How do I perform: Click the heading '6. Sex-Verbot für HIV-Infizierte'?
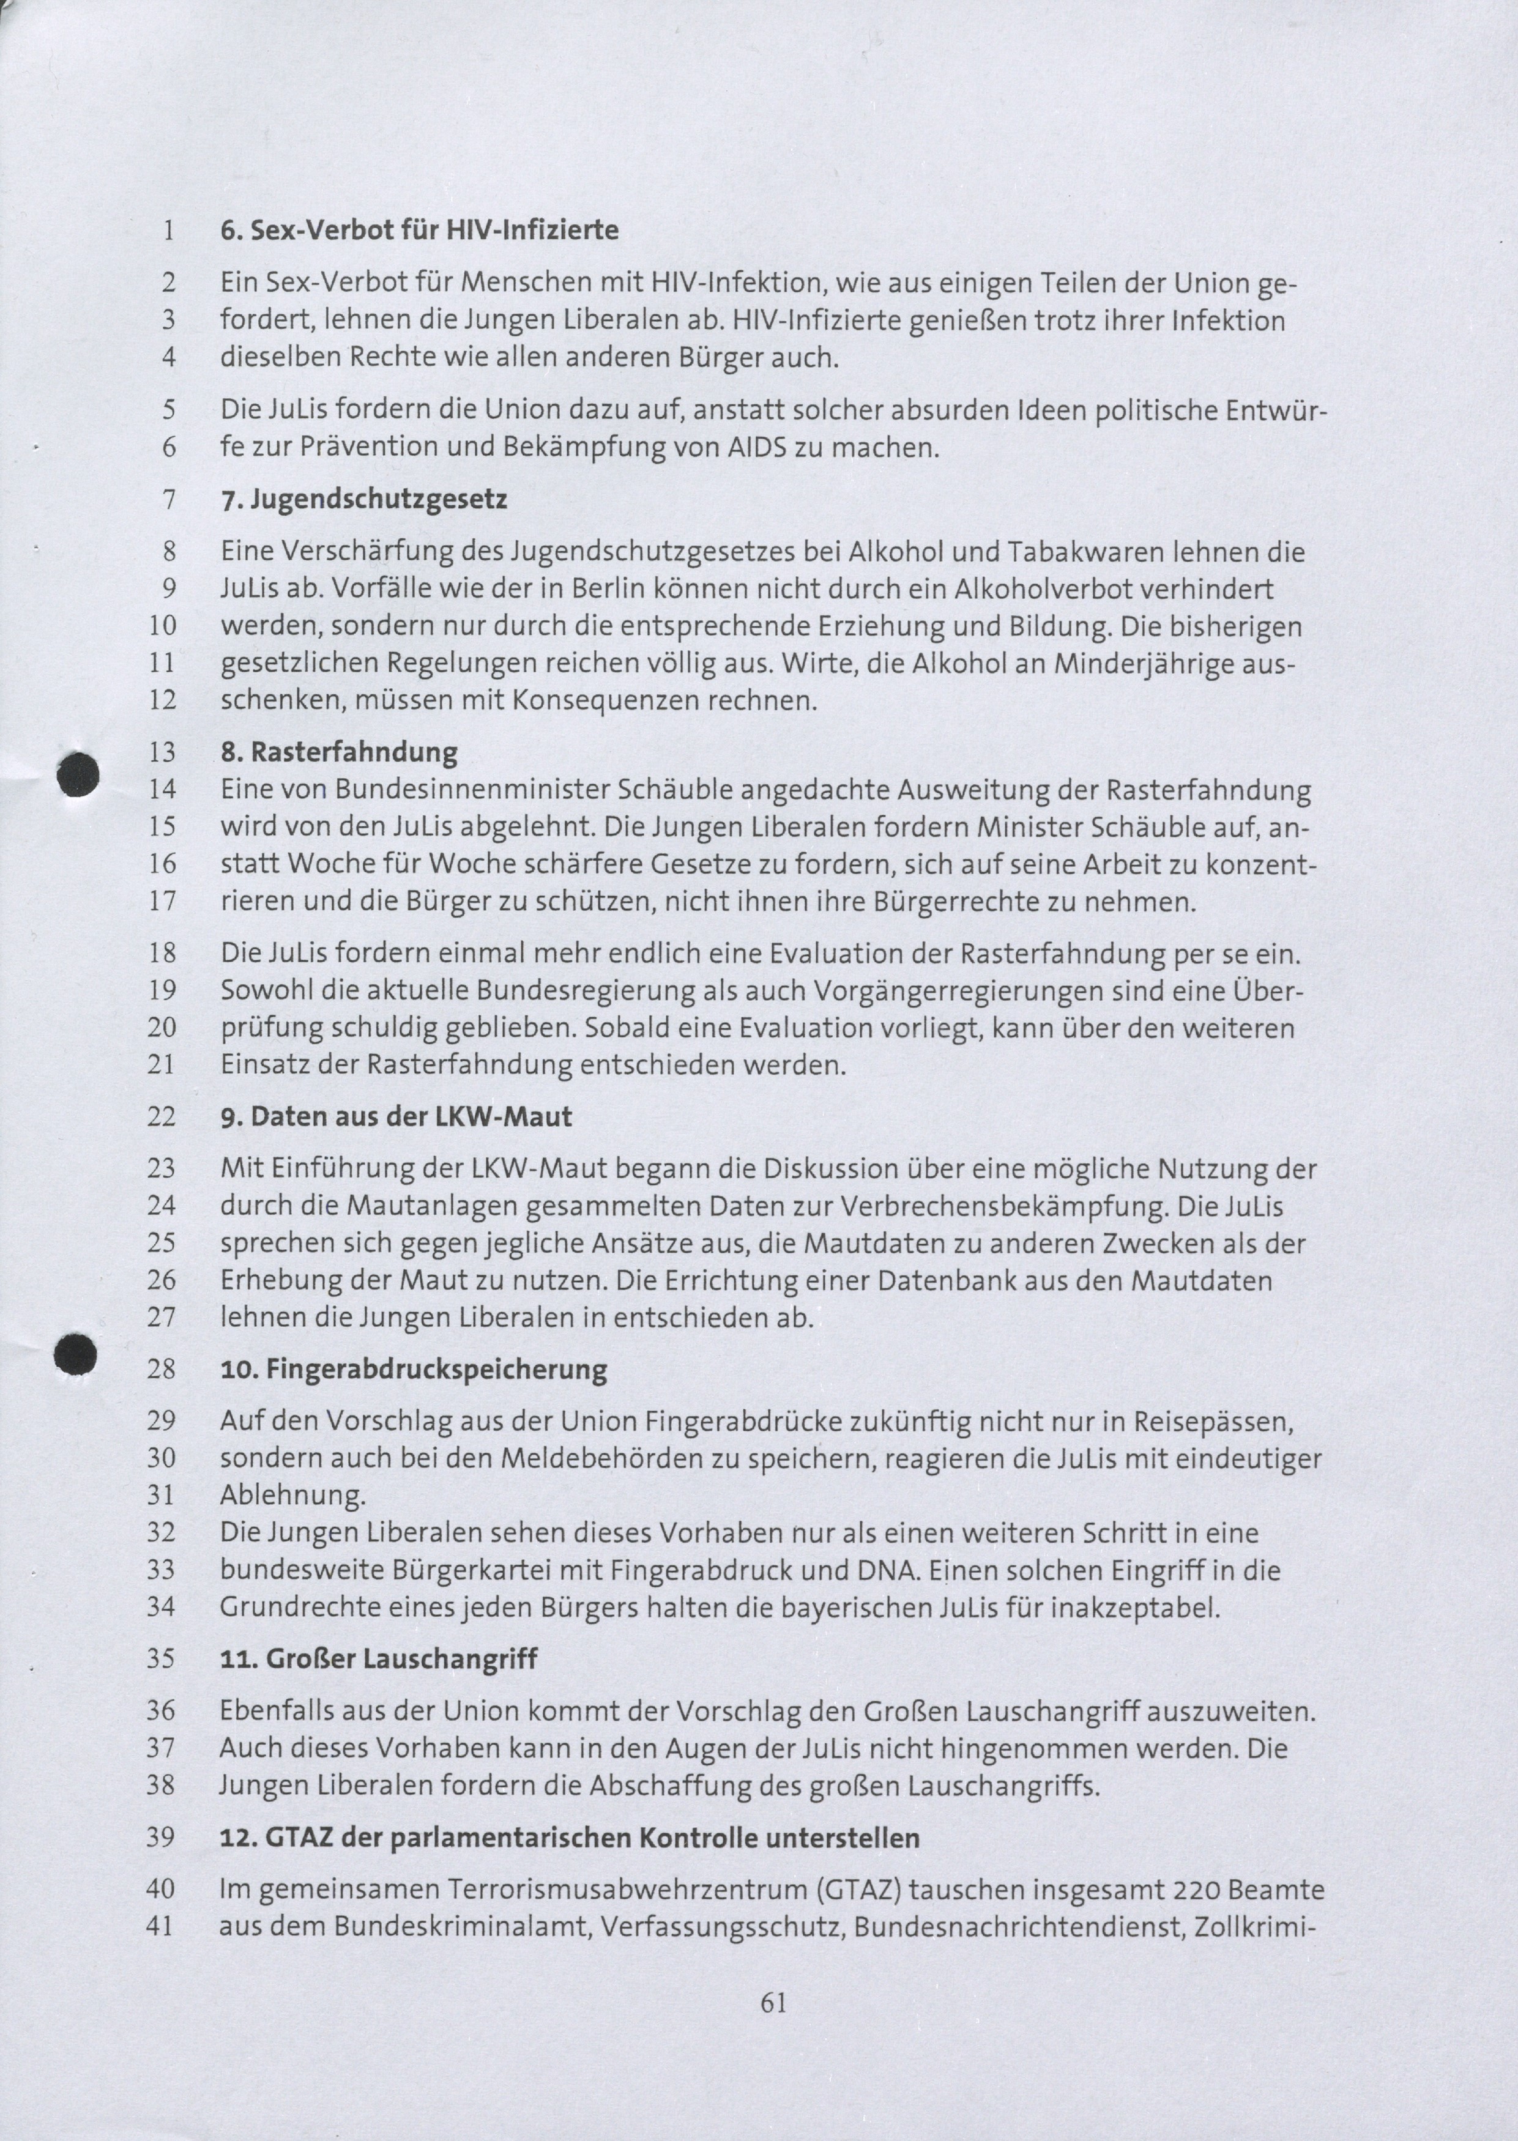(419, 230)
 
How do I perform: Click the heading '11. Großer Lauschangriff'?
(379, 1659)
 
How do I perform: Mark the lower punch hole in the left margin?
(76, 1354)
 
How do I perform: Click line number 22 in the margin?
(162, 1117)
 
